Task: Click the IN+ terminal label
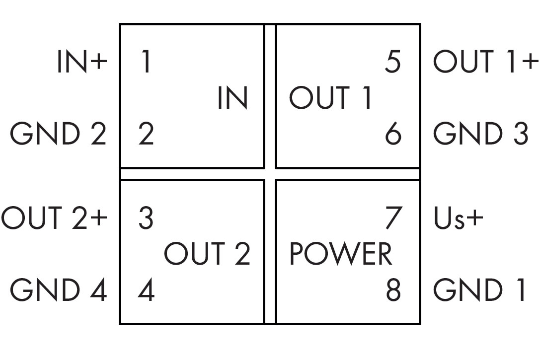click(x=82, y=62)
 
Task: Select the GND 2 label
click(x=58, y=134)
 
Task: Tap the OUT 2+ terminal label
click(x=54, y=218)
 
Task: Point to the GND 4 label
click(x=58, y=289)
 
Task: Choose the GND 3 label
click(x=480, y=134)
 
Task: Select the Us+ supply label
click(x=459, y=218)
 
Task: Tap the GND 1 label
click(x=479, y=289)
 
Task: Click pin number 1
click(x=147, y=62)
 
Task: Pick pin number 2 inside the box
click(x=146, y=134)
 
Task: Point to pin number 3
click(x=146, y=218)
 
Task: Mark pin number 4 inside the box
click(x=147, y=289)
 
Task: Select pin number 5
click(x=392, y=62)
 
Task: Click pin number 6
click(x=393, y=134)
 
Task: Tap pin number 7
click(x=393, y=218)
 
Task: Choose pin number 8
click(x=393, y=289)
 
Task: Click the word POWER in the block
click(x=341, y=254)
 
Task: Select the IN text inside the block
click(x=233, y=98)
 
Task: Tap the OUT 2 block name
click(x=207, y=254)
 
